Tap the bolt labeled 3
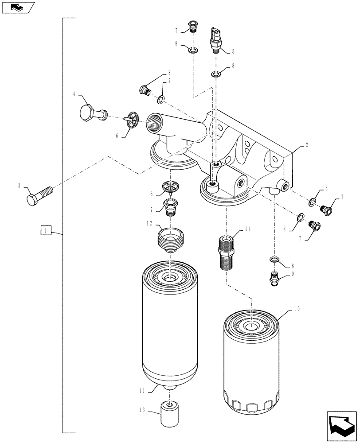click(x=39, y=195)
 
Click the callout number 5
click(x=233, y=51)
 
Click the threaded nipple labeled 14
click(x=227, y=253)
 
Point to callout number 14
click(x=247, y=229)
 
